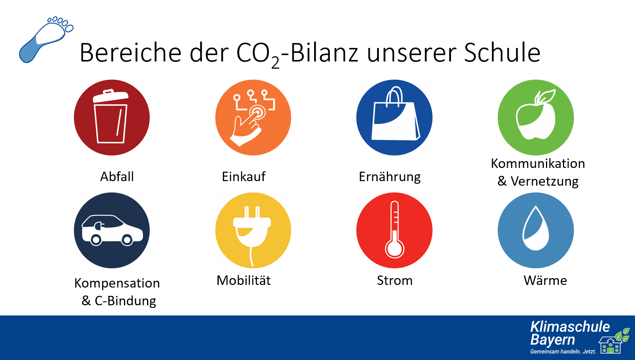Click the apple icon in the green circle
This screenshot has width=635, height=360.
click(535, 115)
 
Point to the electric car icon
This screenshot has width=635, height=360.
click(112, 230)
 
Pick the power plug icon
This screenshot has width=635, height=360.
click(252, 236)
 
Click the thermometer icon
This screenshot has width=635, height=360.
click(394, 230)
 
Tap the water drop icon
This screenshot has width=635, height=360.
click(535, 228)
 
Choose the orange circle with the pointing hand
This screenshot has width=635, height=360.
click(253, 117)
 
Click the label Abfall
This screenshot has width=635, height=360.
click(117, 177)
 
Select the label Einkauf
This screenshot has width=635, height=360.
click(244, 177)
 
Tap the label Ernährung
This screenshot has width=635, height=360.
click(390, 177)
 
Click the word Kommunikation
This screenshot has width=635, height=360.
click(538, 163)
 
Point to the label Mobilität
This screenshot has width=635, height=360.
click(244, 280)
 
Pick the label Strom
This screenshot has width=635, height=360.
click(394, 280)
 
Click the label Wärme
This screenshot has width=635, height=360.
click(545, 280)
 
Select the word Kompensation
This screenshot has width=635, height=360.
click(117, 283)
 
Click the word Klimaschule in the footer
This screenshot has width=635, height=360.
click(570, 327)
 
